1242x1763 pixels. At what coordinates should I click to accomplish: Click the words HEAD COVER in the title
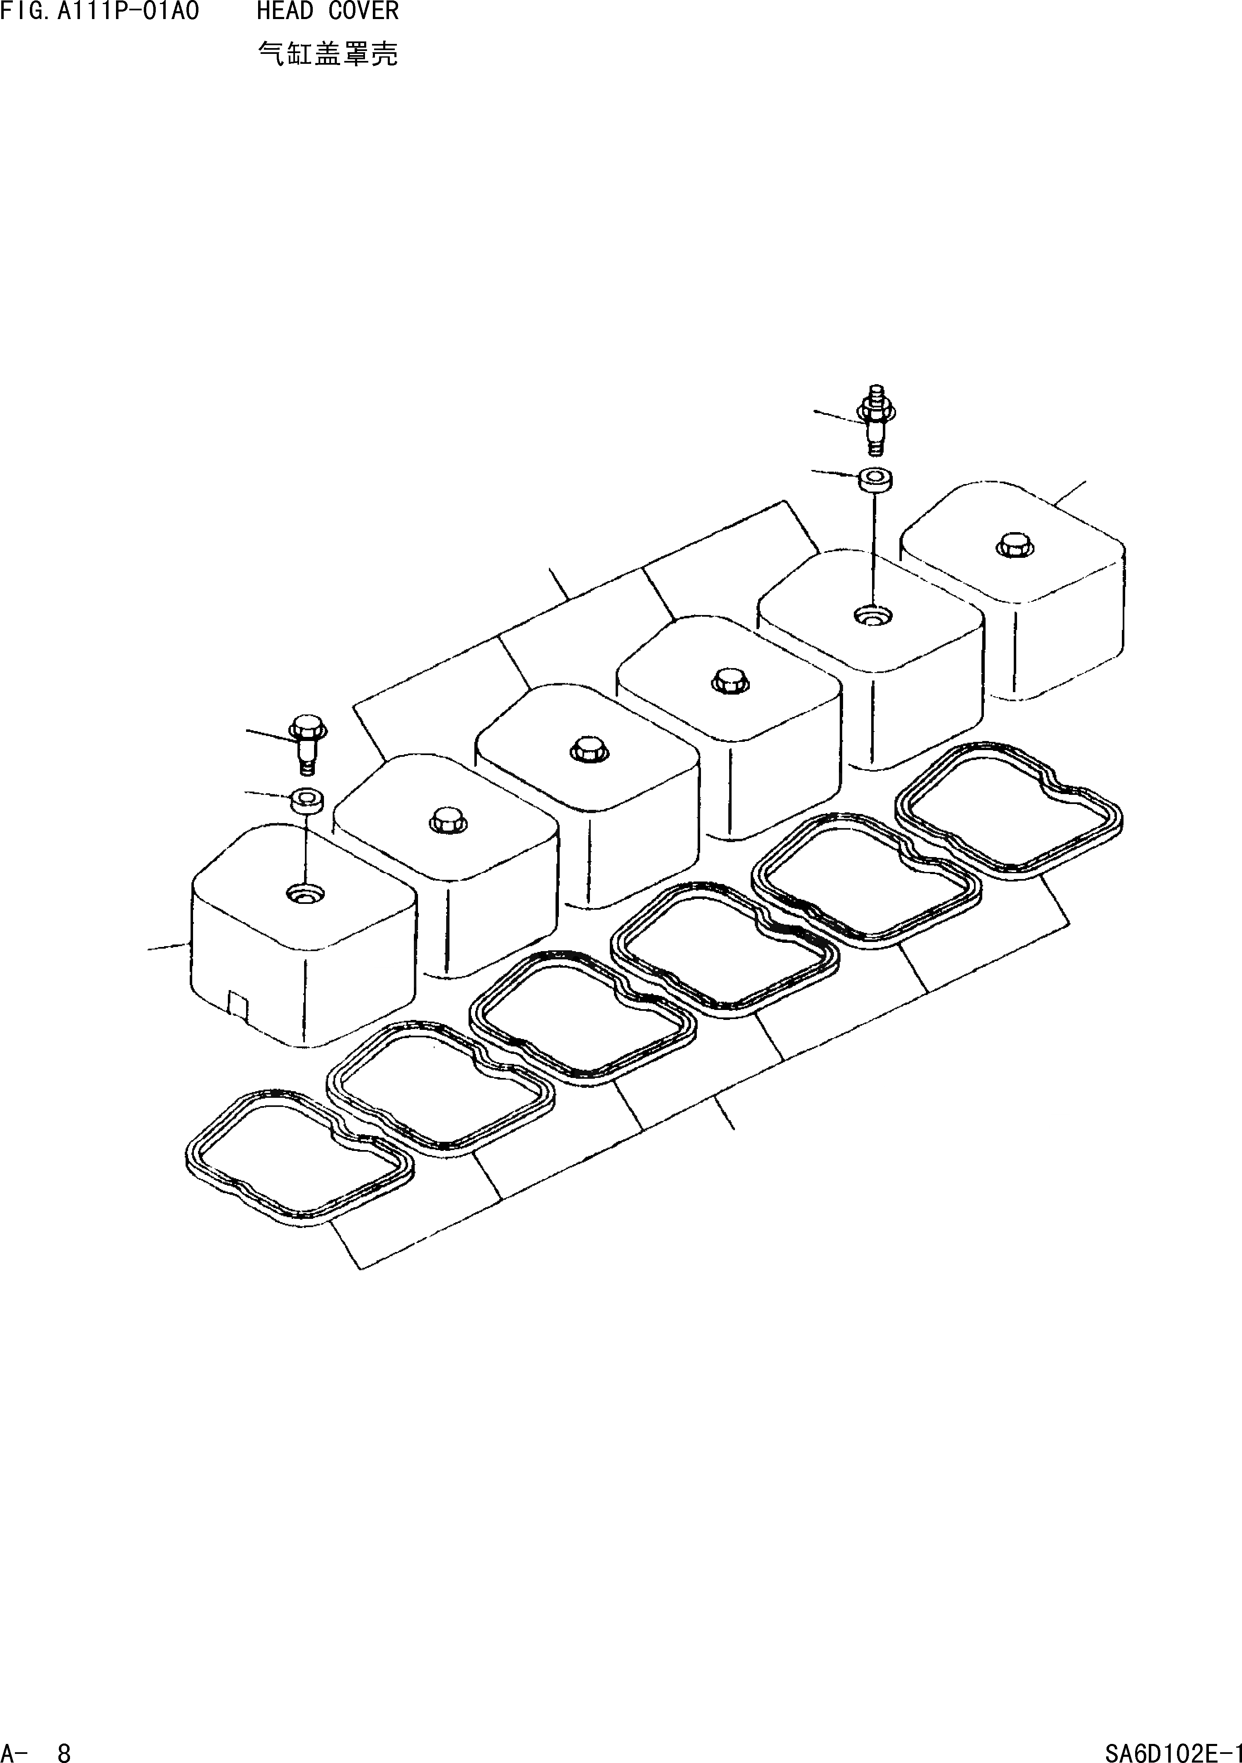click(x=328, y=12)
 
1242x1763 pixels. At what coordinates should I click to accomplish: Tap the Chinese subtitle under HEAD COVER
click(x=328, y=54)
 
